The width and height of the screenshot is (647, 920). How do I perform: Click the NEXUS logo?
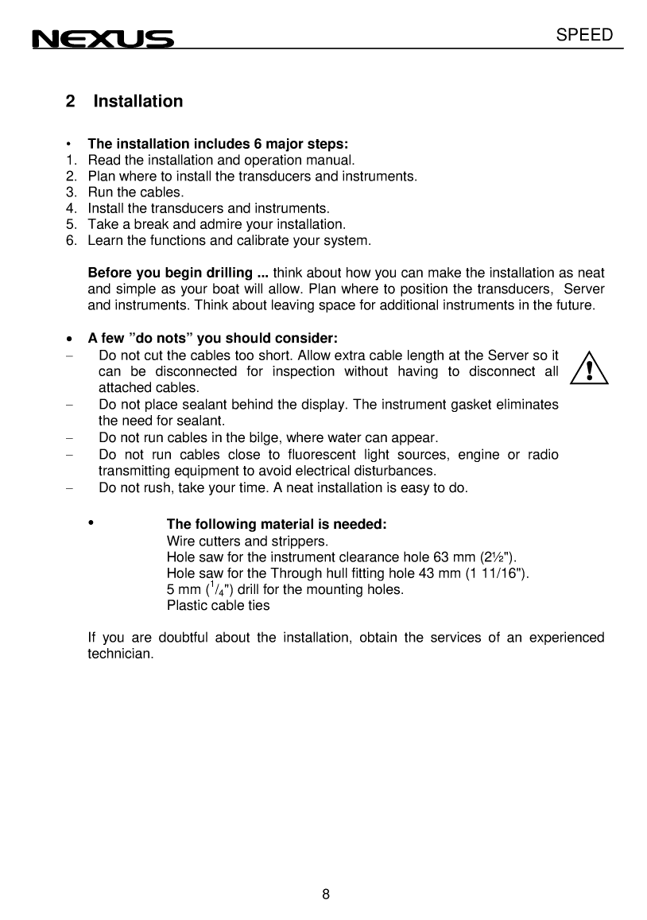pos(102,39)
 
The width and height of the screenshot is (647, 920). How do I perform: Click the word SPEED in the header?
pos(584,35)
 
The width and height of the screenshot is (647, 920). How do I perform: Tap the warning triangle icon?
pos(590,370)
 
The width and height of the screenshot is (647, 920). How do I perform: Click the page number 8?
pos(326,893)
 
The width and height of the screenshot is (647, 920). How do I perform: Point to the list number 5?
pos(71,224)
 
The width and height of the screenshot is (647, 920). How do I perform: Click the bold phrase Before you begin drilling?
pos(178,273)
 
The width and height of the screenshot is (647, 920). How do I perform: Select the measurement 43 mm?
pos(442,573)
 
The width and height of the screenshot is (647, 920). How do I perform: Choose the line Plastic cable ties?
pos(218,605)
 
